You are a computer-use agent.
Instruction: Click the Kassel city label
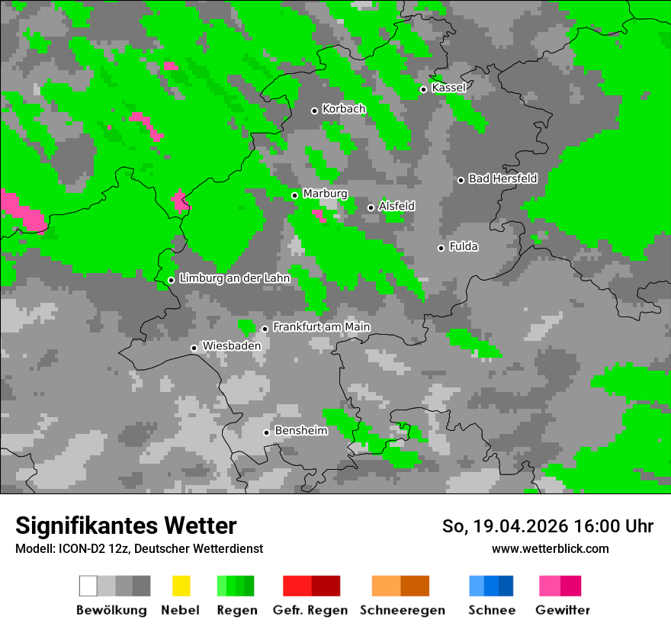448,88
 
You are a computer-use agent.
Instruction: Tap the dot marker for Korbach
314,111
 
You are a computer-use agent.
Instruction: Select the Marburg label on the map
326,194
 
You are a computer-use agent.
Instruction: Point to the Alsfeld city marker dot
371,207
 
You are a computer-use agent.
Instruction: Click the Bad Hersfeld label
503,178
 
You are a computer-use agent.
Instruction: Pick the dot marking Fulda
441,248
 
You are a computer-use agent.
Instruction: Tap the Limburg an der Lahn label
235,278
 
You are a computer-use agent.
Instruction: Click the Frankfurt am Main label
322,326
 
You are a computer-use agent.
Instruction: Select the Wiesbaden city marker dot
194,348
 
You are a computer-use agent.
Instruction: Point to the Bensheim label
301,431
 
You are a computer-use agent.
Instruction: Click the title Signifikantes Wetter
126,525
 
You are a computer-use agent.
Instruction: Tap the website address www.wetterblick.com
550,548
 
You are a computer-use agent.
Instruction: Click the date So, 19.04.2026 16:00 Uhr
547,526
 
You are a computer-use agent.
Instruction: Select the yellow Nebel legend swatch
181,586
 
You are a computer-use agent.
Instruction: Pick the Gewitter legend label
563,610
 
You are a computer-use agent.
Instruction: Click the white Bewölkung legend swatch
88,586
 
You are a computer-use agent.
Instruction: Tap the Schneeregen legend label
403,610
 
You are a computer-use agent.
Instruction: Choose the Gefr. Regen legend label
310,610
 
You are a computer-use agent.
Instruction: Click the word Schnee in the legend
492,610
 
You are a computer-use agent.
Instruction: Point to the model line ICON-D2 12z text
140,548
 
